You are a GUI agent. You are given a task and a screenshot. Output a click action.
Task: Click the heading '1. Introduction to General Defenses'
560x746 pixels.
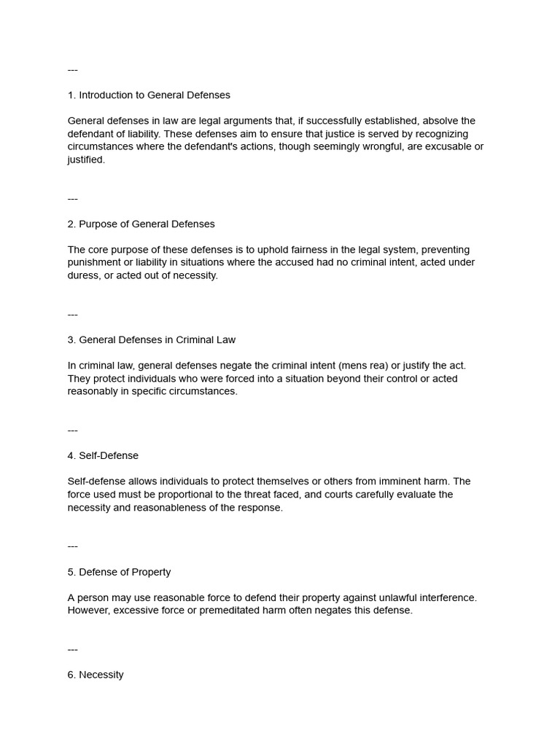(149, 95)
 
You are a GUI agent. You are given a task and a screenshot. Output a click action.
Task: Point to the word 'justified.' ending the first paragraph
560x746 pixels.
(86, 160)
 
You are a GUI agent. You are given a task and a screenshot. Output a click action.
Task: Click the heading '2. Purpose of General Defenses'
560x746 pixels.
(141, 224)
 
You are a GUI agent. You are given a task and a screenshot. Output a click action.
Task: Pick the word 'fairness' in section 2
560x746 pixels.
(289, 250)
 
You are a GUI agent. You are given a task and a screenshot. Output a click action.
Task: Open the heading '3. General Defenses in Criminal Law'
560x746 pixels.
(152, 339)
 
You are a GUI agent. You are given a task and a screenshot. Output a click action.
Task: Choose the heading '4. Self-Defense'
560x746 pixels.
(103, 455)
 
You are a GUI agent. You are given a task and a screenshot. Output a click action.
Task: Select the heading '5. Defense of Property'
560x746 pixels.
(119, 572)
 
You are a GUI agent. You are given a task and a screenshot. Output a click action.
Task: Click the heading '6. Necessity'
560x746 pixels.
(96, 675)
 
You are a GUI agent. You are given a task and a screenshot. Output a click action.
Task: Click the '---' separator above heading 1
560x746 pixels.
(72, 70)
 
